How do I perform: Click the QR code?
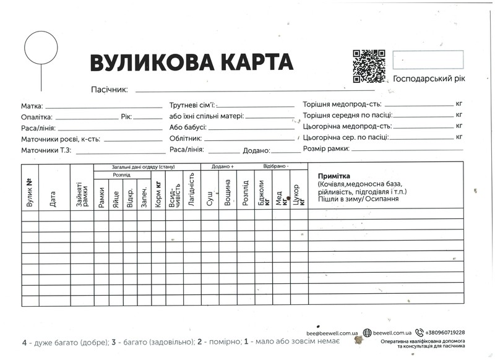(x=370, y=66)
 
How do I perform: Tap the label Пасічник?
(x=109, y=90)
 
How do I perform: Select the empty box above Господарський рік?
(x=427, y=61)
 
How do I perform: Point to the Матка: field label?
(x=32, y=106)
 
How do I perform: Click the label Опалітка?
(x=37, y=117)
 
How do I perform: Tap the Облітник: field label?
(x=186, y=139)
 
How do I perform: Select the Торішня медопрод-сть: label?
(x=342, y=105)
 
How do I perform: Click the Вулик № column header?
(x=30, y=192)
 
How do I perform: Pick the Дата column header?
(x=53, y=198)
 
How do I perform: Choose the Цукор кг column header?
(x=298, y=194)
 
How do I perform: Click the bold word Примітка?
(x=335, y=176)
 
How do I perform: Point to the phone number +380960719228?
(x=444, y=333)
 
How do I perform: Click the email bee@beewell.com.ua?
(x=333, y=333)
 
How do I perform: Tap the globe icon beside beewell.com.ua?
(x=368, y=333)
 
